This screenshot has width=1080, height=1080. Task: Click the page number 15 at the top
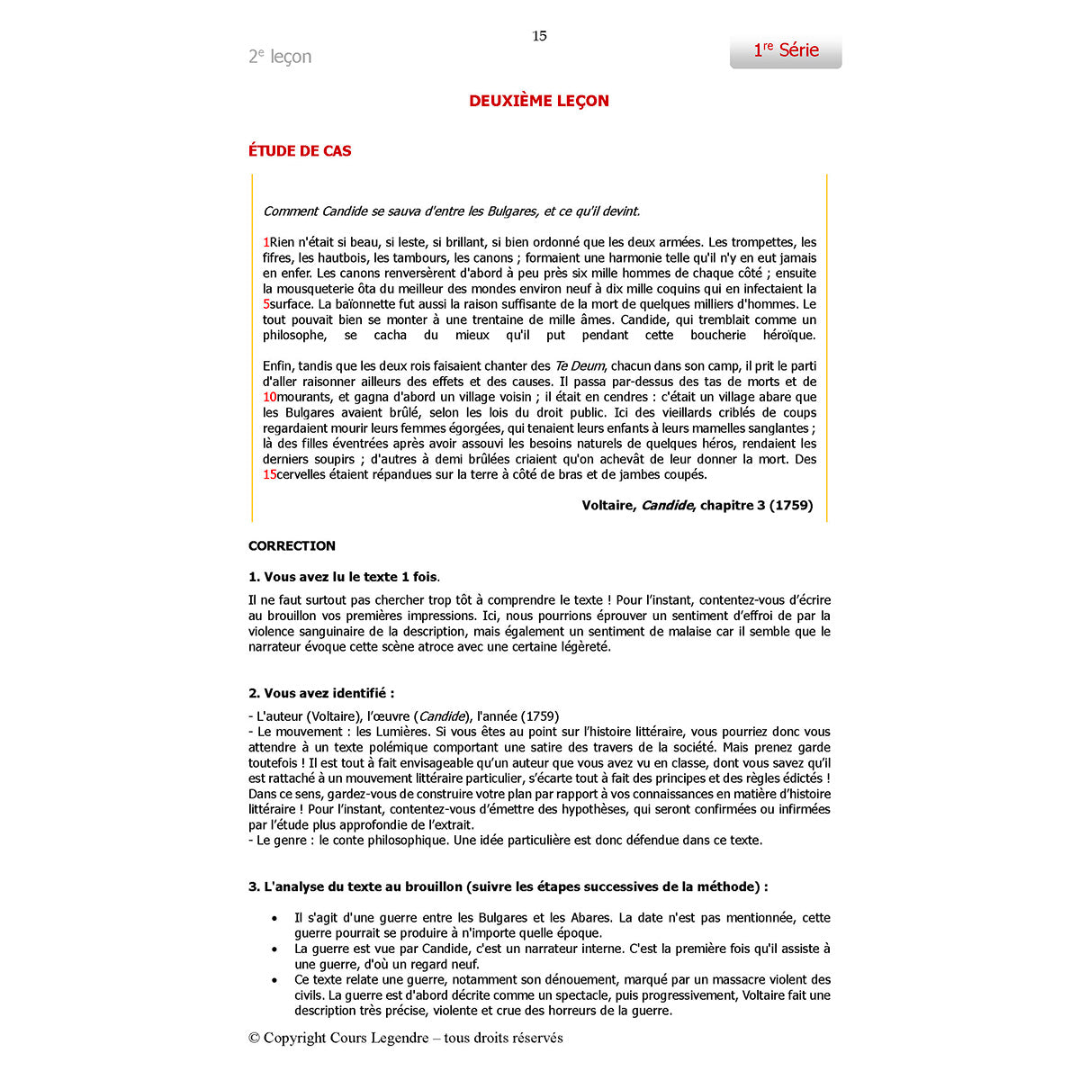click(539, 36)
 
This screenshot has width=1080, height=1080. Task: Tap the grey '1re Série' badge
click(786, 51)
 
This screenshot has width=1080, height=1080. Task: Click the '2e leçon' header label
click(280, 57)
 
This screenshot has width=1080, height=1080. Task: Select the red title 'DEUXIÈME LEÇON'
click(539, 101)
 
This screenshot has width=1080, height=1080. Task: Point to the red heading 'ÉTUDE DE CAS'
click(300, 151)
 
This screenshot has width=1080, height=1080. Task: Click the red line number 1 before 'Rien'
click(266, 242)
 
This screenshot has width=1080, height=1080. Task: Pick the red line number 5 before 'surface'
click(266, 304)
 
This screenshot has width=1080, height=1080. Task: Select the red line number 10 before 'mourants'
click(269, 397)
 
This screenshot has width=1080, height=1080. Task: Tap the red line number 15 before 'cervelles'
click(269, 474)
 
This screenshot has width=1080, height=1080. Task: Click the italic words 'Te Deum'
click(580, 366)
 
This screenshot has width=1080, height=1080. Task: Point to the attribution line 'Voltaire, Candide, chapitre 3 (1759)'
click(697, 506)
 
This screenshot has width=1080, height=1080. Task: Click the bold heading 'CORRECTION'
click(292, 546)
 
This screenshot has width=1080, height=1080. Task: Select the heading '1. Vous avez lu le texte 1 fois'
click(344, 577)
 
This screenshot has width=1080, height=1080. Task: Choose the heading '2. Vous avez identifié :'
click(321, 693)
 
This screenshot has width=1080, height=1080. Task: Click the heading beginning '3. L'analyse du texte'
click(508, 886)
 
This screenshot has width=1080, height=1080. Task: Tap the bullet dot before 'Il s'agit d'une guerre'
click(274, 918)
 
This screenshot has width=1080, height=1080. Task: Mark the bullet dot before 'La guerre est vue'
click(274, 949)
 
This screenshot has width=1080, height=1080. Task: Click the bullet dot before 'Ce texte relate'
click(274, 980)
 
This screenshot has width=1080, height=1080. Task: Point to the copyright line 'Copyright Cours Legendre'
click(406, 1038)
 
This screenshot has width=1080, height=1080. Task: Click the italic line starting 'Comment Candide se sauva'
click(451, 211)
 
